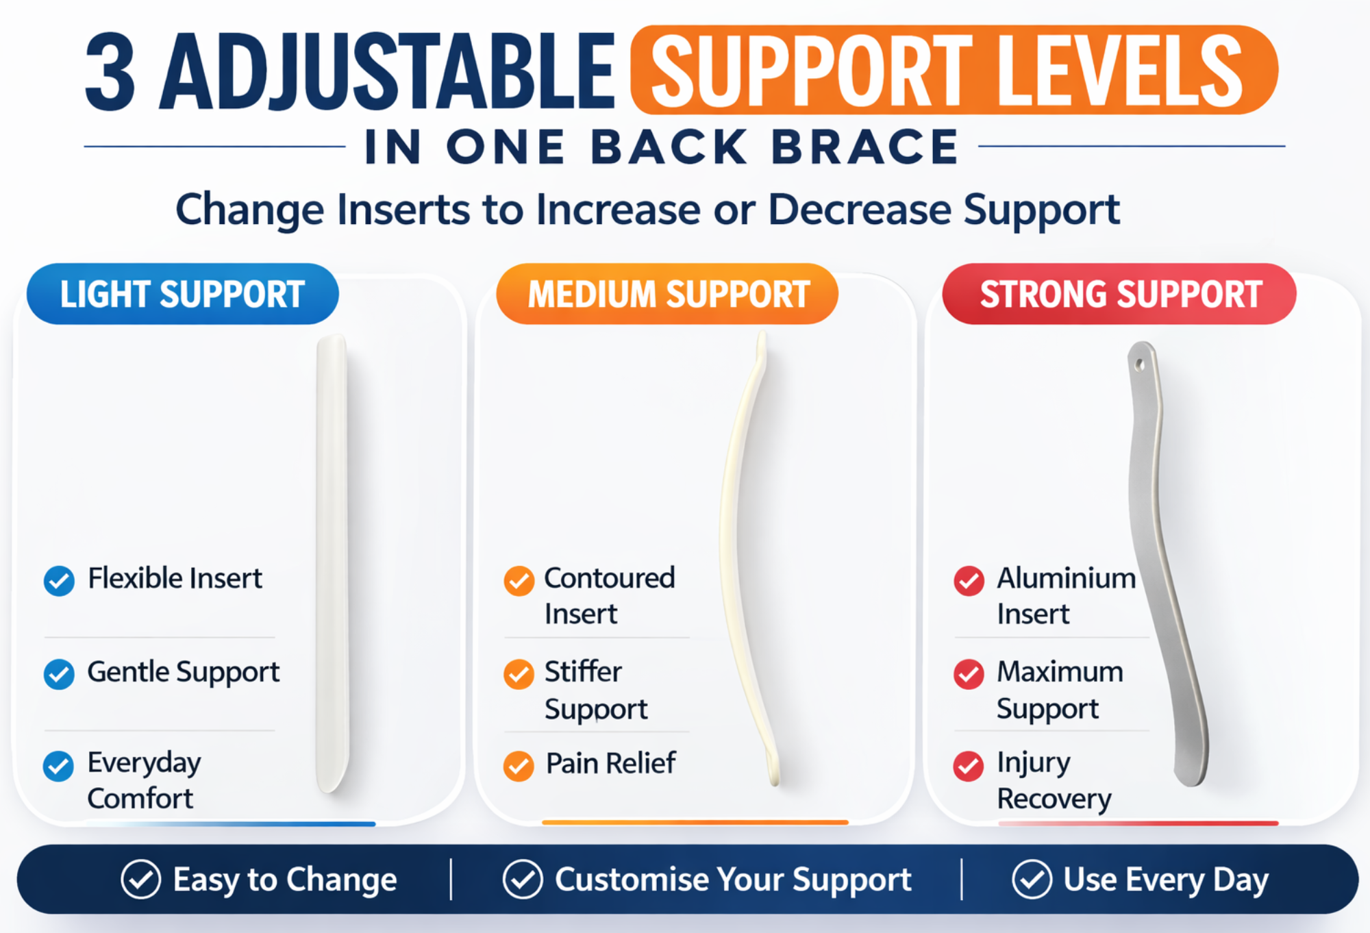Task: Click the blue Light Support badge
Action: [182, 294]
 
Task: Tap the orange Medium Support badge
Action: [667, 294]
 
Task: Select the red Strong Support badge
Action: [1119, 294]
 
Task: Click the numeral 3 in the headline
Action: [110, 72]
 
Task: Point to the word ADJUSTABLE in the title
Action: [387, 72]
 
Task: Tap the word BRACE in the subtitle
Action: [865, 147]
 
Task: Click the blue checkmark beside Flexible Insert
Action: [59, 581]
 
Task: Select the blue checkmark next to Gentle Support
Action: [59, 674]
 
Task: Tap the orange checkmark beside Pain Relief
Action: [519, 766]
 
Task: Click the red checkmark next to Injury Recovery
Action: [969, 766]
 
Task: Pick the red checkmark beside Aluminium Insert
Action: [969, 581]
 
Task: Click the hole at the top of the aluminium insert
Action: [1140, 364]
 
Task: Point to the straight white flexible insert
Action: [332, 562]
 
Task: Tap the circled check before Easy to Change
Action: [140, 879]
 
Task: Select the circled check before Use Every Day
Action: [1032, 879]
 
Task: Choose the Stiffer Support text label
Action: [596, 690]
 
